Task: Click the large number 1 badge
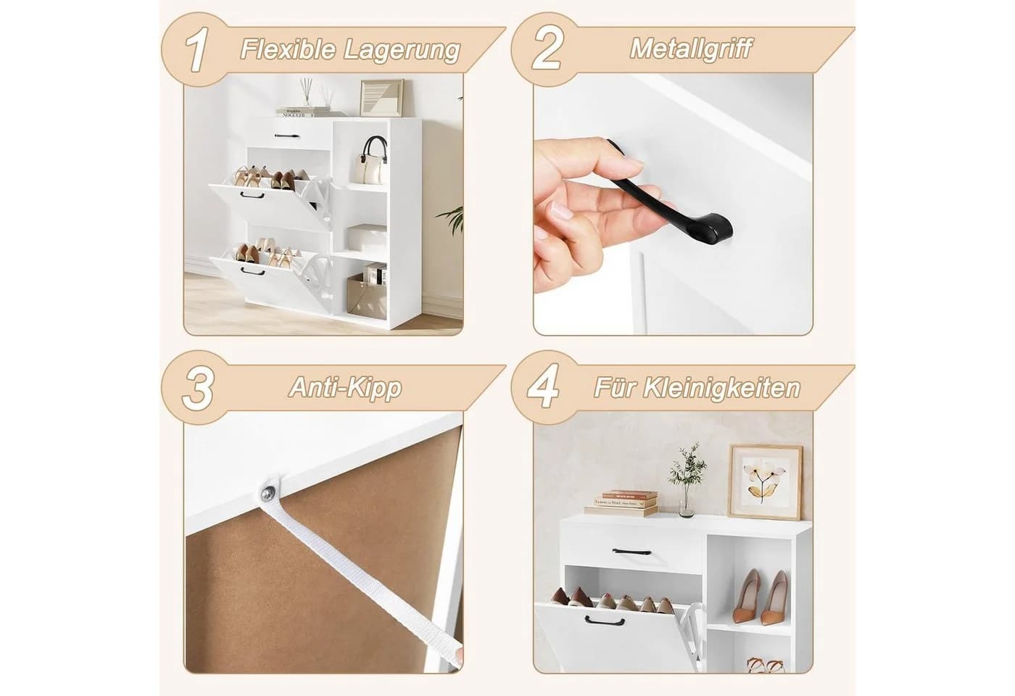pos(197,49)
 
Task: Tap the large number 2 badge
pos(547,49)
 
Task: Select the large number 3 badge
pos(198,387)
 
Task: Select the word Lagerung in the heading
pos(402,51)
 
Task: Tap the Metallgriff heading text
pos(690,49)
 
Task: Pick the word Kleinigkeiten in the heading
pos(722,388)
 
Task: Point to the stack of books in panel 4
pos(622,503)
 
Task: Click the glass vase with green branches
pos(687,480)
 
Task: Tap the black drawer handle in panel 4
pos(631,552)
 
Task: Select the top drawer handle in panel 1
pos(287,135)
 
